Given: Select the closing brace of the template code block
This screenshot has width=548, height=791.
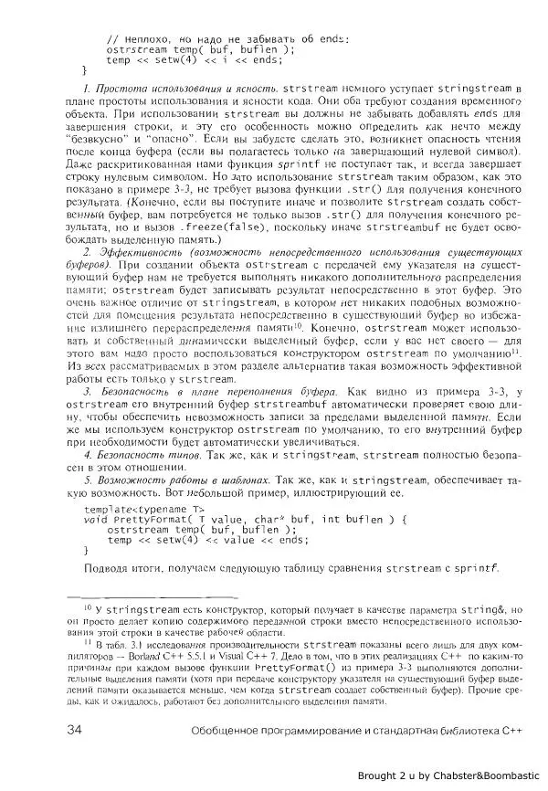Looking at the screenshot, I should tap(86, 551).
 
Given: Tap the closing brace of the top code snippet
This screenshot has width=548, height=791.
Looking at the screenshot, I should tap(86, 69).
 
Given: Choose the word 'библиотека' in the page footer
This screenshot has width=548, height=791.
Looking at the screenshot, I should tap(460, 731).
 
